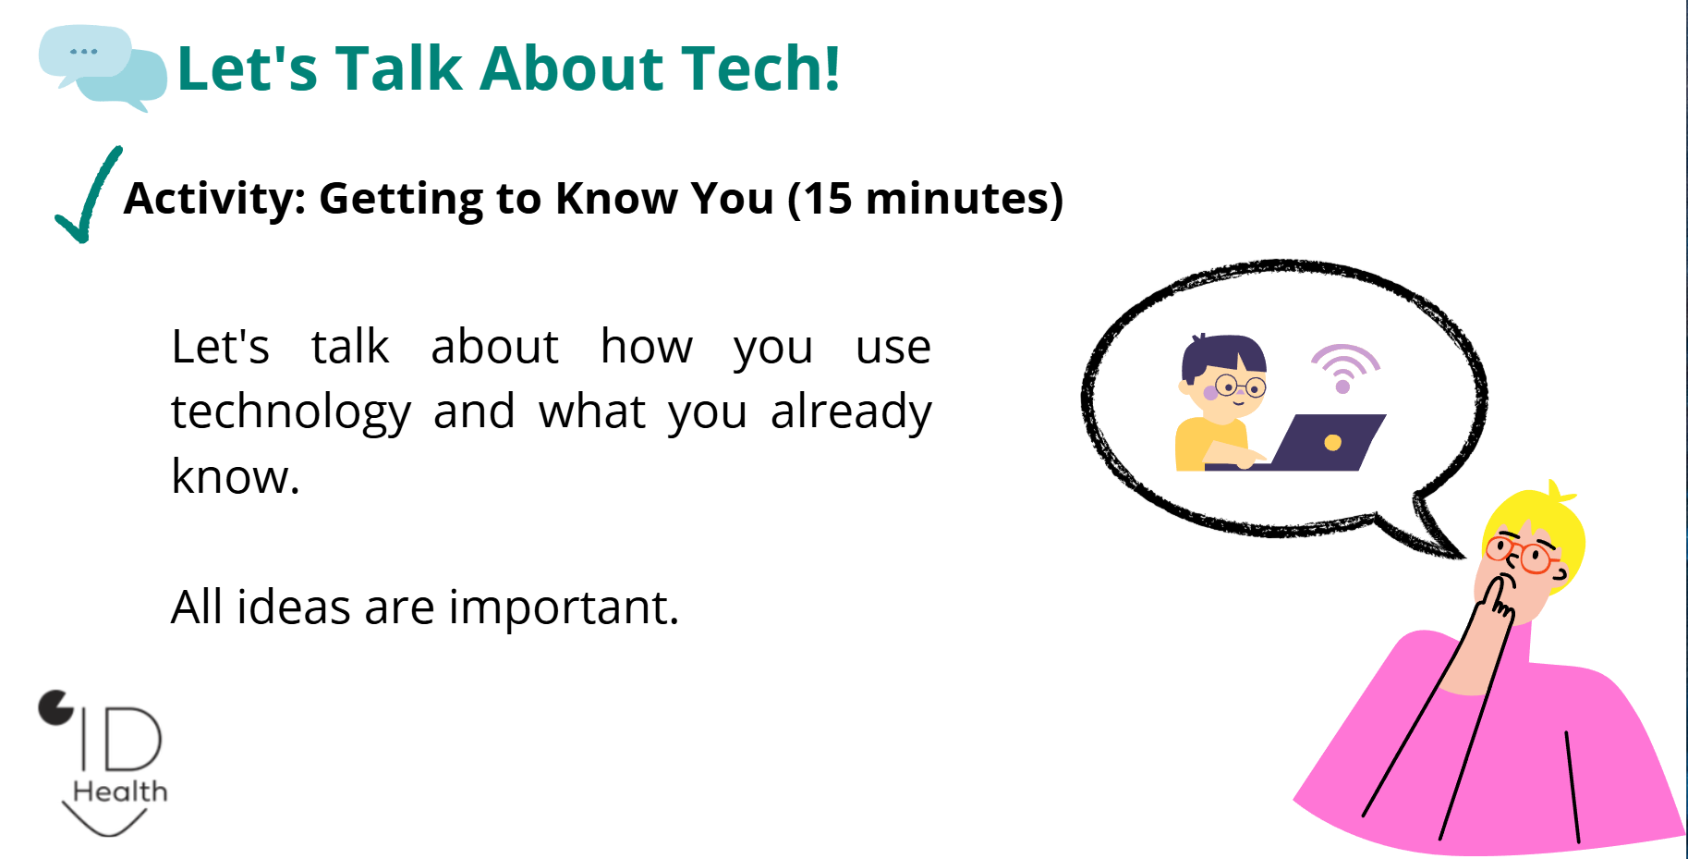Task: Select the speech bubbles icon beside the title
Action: click(x=103, y=67)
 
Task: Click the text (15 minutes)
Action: click(x=925, y=199)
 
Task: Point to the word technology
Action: click(x=291, y=412)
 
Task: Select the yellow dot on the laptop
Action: click(x=1332, y=443)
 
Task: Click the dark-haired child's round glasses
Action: click(x=1240, y=385)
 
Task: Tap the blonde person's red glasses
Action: click(x=1523, y=554)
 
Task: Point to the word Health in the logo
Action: click(x=120, y=792)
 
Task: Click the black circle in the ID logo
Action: click(x=55, y=707)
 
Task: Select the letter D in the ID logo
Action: click(x=133, y=739)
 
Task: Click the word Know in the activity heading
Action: click(x=618, y=199)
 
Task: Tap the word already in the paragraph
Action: click(x=851, y=412)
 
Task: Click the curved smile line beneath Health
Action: click(x=105, y=824)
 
